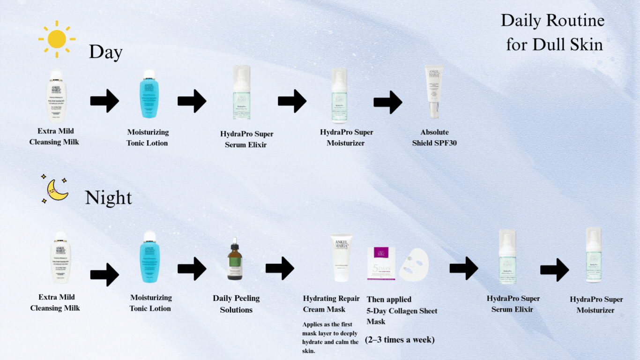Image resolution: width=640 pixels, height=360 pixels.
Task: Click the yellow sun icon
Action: (x=57, y=38)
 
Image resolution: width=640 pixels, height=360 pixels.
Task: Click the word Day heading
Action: (x=105, y=52)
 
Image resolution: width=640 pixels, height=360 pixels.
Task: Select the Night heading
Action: (x=108, y=198)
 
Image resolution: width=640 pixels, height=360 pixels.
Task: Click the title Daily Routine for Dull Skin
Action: (x=553, y=32)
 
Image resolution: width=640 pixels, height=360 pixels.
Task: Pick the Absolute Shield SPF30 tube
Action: (x=434, y=91)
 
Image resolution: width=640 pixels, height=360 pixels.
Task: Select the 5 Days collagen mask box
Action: (x=381, y=263)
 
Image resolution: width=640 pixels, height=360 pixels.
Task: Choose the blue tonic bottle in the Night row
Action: (x=150, y=257)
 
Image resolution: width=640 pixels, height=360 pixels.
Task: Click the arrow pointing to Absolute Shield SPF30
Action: (x=387, y=102)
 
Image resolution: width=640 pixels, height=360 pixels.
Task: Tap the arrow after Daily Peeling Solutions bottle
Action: (x=280, y=268)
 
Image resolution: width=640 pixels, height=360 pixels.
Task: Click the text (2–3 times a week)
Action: (x=400, y=339)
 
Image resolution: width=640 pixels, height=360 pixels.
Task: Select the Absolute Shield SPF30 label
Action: (x=434, y=137)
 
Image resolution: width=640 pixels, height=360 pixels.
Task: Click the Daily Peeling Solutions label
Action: (x=236, y=304)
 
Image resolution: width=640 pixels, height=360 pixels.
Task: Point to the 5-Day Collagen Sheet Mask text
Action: (x=402, y=310)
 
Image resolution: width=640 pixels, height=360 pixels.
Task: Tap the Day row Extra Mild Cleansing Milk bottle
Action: (x=56, y=96)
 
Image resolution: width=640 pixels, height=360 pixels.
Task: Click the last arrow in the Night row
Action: (x=554, y=270)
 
